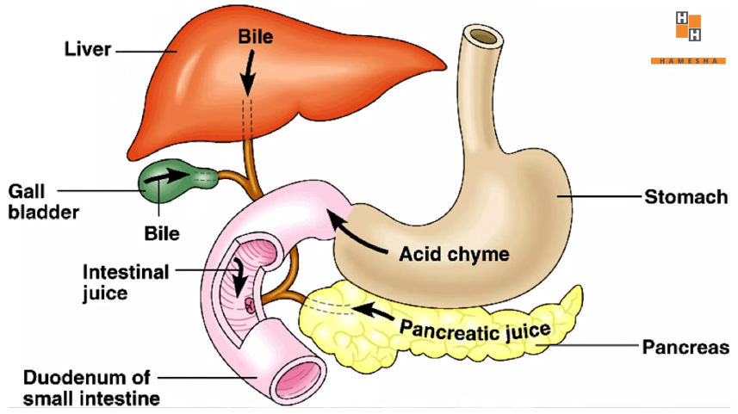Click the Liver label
click(x=89, y=50)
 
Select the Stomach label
click(x=686, y=198)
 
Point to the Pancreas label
click(x=685, y=348)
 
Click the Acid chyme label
click(x=455, y=254)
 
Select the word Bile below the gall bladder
click(x=162, y=232)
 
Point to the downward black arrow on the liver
click(x=248, y=74)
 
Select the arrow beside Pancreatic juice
click(x=374, y=308)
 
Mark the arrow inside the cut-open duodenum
click(x=240, y=277)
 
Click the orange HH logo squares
click(x=688, y=27)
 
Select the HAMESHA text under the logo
click(x=688, y=61)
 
